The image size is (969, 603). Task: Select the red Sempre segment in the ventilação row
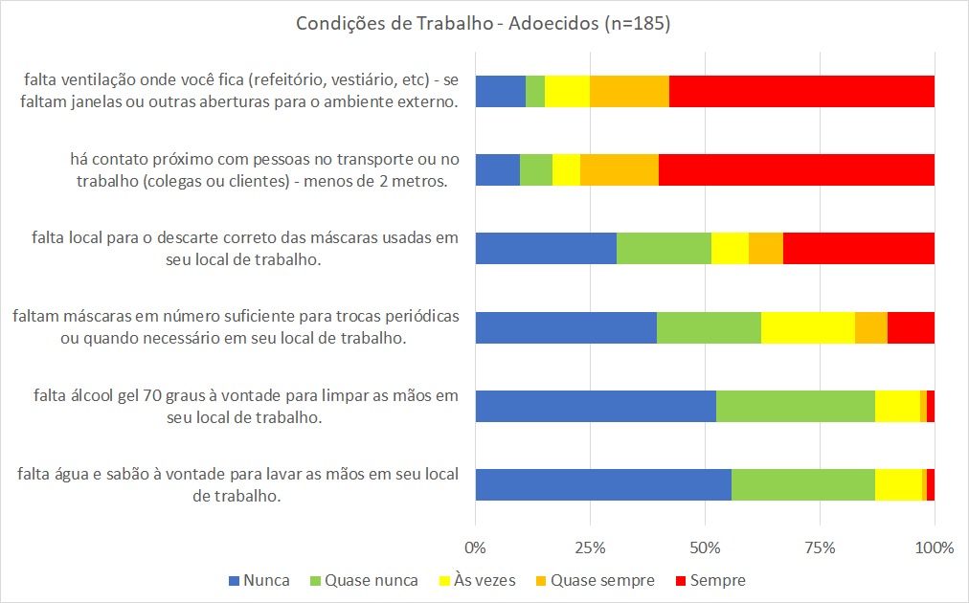click(x=801, y=91)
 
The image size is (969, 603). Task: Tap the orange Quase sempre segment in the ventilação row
click(x=629, y=91)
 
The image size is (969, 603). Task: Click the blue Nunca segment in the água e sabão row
click(x=603, y=484)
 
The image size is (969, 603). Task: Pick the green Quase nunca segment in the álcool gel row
click(x=795, y=406)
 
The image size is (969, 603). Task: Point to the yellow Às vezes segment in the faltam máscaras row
click(x=807, y=327)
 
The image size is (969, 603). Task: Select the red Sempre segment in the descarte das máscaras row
click(x=858, y=248)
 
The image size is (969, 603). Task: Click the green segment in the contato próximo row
click(x=536, y=169)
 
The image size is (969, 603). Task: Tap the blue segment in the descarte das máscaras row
click(x=546, y=248)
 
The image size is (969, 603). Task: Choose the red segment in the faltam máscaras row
click(x=911, y=327)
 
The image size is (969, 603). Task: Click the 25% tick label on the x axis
click(x=590, y=548)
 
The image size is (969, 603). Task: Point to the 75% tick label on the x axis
click(x=820, y=548)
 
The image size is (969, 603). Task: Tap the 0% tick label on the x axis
click(x=476, y=548)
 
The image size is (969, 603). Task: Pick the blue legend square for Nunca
click(x=233, y=581)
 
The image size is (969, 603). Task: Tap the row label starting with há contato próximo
click(x=259, y=169)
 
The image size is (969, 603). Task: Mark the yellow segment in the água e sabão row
click(x=898, y=484)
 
